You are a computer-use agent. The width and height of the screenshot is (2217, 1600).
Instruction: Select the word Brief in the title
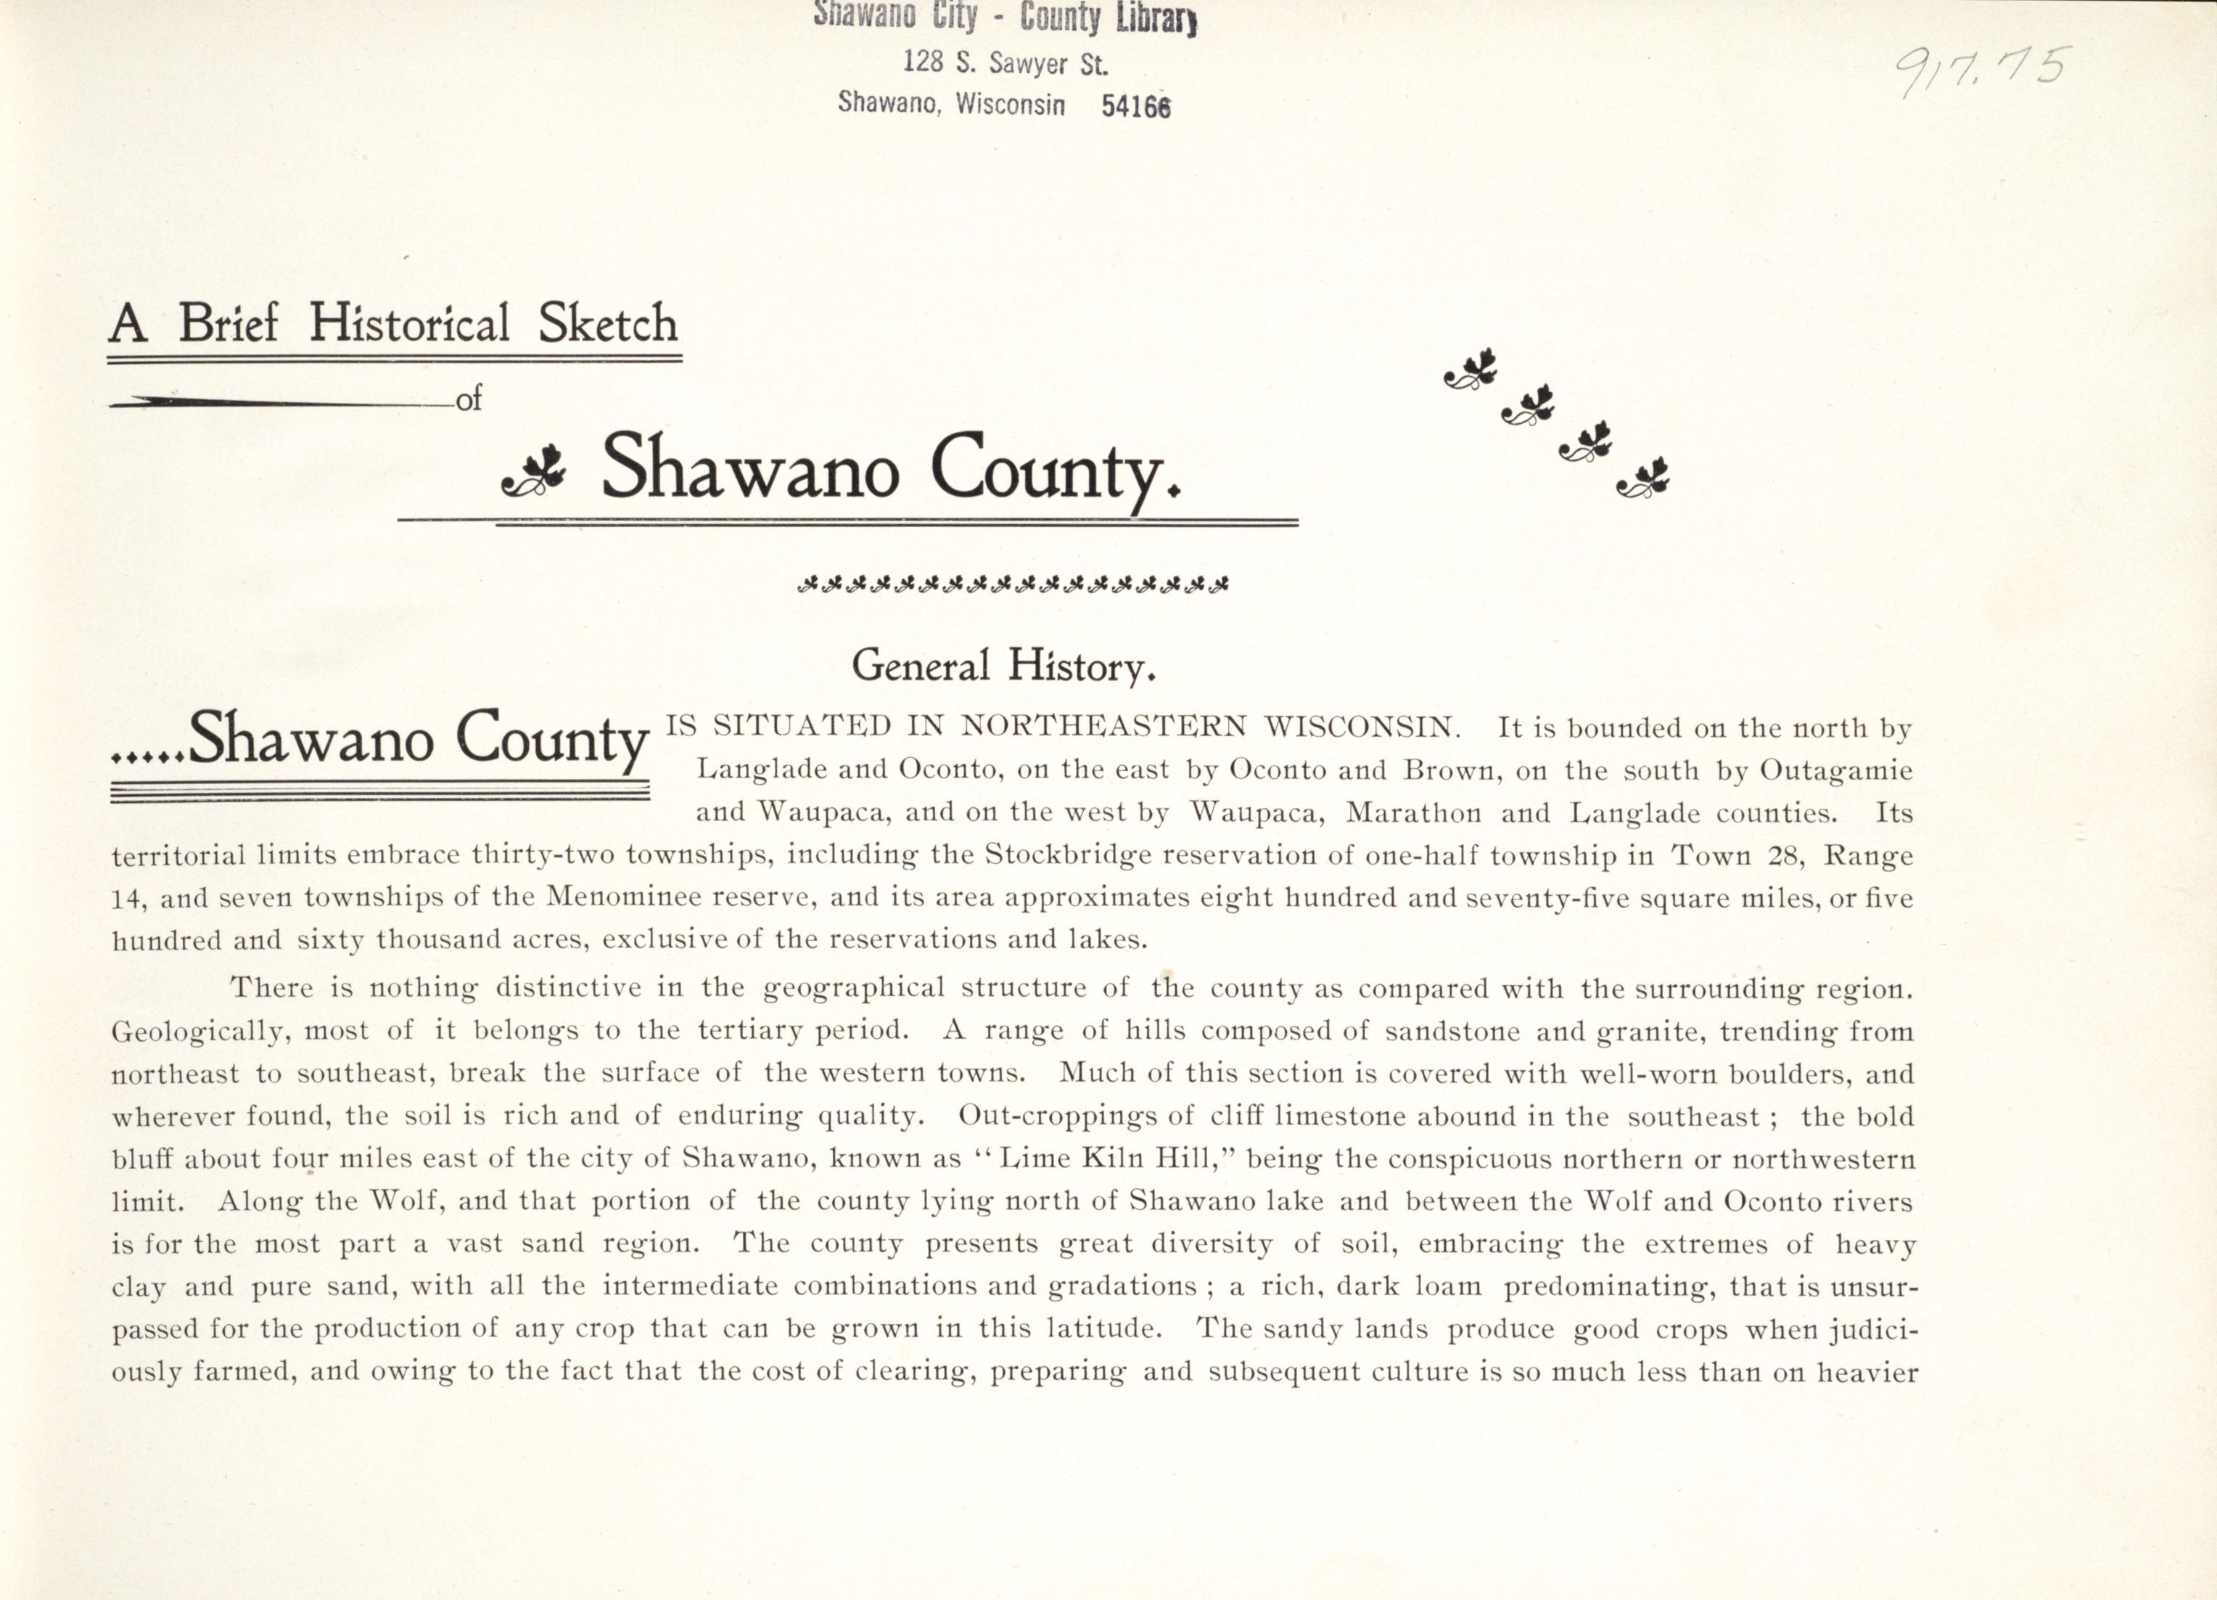point(229,324)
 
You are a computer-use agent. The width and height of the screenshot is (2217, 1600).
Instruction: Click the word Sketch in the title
point(608,324)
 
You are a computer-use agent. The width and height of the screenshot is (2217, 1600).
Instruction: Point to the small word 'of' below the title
point(469,399)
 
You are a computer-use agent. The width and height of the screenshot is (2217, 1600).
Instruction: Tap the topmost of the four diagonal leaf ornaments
point(1471,369)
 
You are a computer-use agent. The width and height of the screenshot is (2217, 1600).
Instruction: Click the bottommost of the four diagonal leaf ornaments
point(1643,478)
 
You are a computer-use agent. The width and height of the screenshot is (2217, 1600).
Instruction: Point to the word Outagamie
point(1835,771)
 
